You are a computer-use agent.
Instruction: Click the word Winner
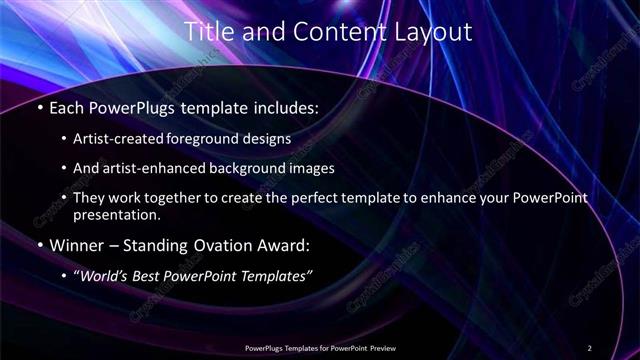[x=76, y=245]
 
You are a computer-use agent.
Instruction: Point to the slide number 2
[x=589, y=348]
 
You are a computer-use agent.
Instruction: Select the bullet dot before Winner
[x=40, y=245]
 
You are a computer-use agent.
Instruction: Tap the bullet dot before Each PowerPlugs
[x=40, y=107]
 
